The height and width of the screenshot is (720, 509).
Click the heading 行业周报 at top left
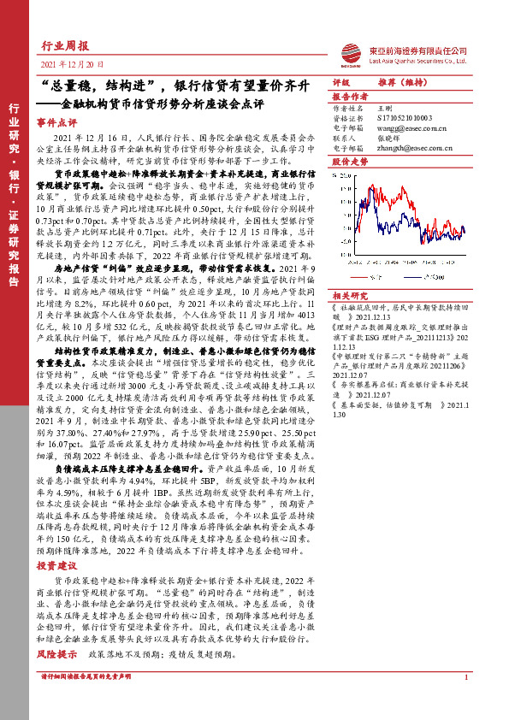tap(65, 47)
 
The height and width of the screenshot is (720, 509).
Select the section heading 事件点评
tap(56, 123)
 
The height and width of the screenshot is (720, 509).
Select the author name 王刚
tap(384, 109)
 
